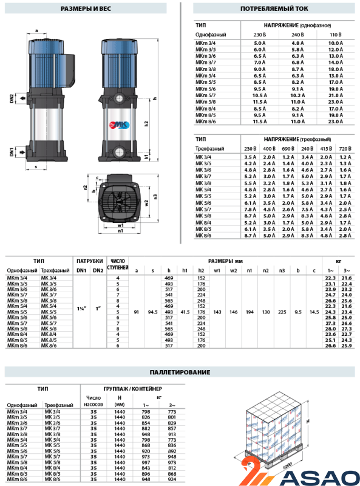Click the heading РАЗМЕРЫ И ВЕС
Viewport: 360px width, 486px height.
pos(86,9)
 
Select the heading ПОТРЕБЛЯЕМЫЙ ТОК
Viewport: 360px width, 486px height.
pos(274,9)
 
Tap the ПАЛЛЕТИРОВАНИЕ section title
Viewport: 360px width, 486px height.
pos(180,372)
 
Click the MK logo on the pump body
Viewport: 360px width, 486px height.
pos(119,125)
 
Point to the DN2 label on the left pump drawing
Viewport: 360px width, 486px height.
pos(12,98)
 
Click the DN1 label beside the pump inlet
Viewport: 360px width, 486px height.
pos(12,152)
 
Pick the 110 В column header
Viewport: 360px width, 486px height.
pos(336,35)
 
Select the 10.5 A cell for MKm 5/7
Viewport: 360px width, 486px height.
pos(260,95)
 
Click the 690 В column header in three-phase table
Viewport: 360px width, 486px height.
pos(288,149)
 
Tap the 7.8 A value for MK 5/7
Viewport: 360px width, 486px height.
pos(250,210)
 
